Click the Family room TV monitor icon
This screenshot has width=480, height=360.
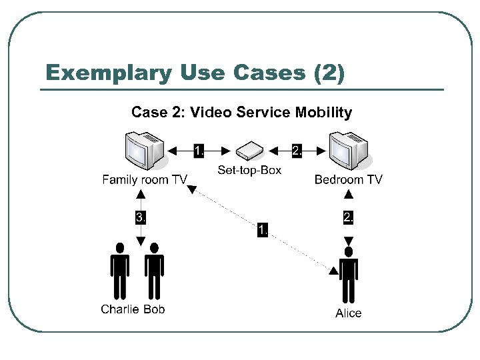pos(144,151)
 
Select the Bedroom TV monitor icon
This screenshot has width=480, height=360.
pos(348,151)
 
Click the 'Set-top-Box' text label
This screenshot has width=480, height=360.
pos(249,171)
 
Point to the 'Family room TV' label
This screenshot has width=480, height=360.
pos(144,179)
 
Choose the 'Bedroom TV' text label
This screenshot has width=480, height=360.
pos(348,179)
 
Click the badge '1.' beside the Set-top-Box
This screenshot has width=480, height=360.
pos(199,151)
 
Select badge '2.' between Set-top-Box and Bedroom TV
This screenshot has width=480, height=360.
pos(297,151)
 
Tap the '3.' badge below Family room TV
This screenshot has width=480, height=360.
pos(141,217)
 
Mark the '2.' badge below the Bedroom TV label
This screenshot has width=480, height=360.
pos(348,217)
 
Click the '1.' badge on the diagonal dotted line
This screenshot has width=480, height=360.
pos(263,231)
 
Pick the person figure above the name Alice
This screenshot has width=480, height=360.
pos(348,277)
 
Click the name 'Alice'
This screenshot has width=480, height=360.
pos(348,313)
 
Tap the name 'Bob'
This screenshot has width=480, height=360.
pos(154,309)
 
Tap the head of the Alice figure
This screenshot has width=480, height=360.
pos(347,252)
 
